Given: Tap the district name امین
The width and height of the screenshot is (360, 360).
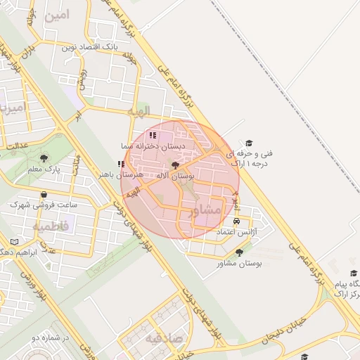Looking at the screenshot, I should coord(58,14).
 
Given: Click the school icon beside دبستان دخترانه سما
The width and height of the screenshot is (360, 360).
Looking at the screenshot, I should coord(153,135).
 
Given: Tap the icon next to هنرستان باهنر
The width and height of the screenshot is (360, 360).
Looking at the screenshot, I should coord(121,164).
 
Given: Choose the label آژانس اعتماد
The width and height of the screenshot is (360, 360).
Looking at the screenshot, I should coord(236,231).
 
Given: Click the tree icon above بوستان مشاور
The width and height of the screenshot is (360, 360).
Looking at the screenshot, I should coord(239,252).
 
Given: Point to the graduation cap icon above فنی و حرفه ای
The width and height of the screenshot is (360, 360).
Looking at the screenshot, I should coord(247,143).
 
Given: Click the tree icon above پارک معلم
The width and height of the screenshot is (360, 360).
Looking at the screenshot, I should coord(44,158).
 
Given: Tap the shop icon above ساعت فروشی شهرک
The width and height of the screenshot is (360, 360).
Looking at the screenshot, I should coord(44,194).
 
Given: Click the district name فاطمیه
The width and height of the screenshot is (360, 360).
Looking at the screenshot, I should coord(50,227).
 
